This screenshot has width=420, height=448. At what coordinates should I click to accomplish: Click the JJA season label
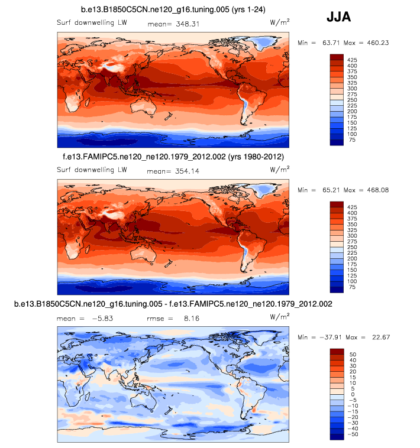tap(339, 17)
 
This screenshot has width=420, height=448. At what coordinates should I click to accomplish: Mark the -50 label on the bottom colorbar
tap(353, 434)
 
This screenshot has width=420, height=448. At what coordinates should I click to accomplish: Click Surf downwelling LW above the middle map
tap(92, 171)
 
